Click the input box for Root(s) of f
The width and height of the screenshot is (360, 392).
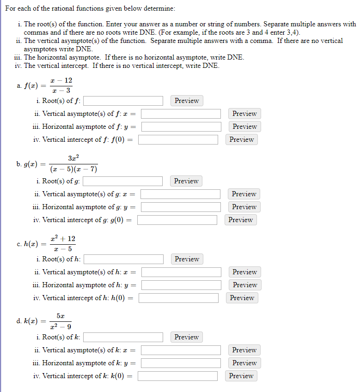click(123, 101)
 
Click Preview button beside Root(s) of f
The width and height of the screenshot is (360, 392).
click(187, 101)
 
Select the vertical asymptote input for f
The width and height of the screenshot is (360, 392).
click(181, 114)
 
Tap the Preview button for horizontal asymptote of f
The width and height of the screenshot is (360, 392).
click(244, 127)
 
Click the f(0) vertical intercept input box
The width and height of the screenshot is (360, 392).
click(178, 139)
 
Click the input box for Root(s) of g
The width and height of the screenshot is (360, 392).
click(122, 181)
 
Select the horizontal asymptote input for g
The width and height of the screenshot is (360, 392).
click(181, 207)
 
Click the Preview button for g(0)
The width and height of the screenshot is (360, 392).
click(240, 220)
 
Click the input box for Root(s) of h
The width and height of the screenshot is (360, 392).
click(123, 259)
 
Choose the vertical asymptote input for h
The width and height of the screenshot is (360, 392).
click(182, 272)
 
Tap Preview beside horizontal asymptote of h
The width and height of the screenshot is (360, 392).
click(245, 285)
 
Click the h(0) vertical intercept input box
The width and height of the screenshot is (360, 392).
click(178, 298)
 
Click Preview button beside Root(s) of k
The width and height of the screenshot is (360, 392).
click(187, 337)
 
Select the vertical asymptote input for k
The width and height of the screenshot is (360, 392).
click(181, 350)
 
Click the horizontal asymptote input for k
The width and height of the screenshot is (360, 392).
click(181, 363)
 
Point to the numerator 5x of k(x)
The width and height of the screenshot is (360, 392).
click(61, 316)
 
